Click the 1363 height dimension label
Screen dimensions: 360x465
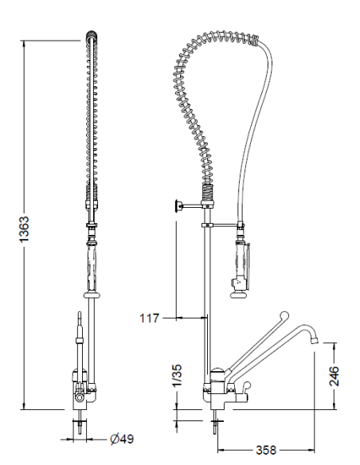(25, 229)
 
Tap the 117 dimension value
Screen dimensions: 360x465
(150, 318)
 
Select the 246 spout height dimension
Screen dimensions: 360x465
(335, 376)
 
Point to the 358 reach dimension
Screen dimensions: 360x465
(266, 450)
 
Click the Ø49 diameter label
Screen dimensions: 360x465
(122, 439)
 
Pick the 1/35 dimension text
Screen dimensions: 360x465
(177, 376)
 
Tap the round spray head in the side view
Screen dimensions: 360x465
(239, 295)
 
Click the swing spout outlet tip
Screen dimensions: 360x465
(315, 341)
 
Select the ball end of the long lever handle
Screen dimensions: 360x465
(284, 315)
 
